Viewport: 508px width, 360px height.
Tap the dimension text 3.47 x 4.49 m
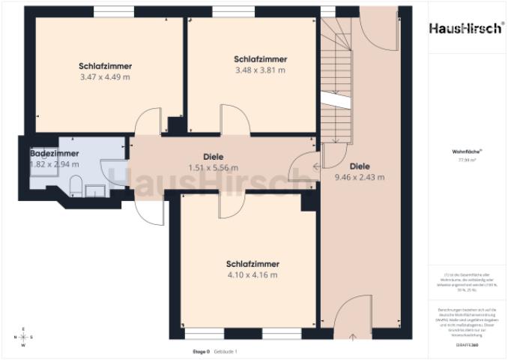pos(106,76)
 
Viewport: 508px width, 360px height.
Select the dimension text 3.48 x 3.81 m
pos(260,70)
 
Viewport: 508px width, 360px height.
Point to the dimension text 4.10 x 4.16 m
pos(253,275)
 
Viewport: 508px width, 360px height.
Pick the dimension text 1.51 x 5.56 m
pos(213,168)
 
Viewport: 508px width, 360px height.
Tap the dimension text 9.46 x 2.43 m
pos(359,178)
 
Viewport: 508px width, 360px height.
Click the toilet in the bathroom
pos(76,184)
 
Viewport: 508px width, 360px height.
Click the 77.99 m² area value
pos(465,160)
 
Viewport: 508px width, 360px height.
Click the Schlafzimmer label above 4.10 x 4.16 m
pos(253,264)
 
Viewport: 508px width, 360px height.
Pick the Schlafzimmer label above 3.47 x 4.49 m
pos(105,65)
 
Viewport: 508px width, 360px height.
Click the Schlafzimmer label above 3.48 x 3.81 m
pos(260,58)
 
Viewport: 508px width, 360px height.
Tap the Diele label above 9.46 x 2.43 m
pos(359,166)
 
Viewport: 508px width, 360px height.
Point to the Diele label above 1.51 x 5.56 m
pos(213,157)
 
